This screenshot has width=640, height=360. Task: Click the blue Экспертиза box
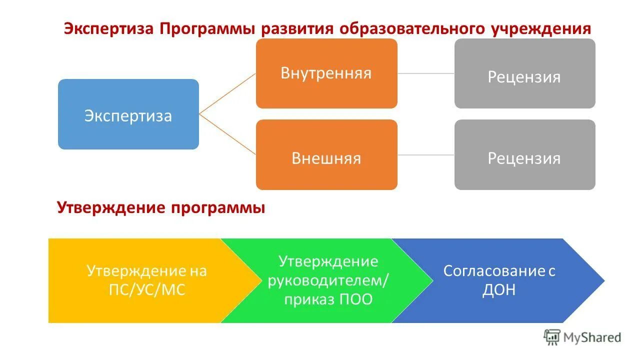coord(128,114)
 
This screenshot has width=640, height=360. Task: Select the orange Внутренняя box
coord(326,73)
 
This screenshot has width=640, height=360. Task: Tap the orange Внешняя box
coord(326,155)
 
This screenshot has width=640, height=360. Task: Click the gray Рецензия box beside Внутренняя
coord(524,73)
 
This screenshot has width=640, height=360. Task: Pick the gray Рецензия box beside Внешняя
coord(524,155)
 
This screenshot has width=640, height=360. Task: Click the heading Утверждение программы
coord(161,207)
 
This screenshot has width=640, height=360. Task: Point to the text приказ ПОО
coord(328,300)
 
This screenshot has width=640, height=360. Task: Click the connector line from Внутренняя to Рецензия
coord(425,73)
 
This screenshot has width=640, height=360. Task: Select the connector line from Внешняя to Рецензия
coord(425,155)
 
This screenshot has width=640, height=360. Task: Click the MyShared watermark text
coord(592,337)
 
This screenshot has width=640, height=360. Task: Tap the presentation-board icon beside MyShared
coord(551,337)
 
